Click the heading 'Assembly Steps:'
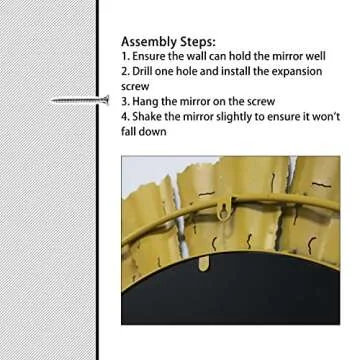pyautogui.click(x=168, y=42)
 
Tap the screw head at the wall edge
pyautogui.click(x=106, y=100)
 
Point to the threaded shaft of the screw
pyautogui.click(x=77, y=100)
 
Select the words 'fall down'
pyautogui.click(x=144, y=132)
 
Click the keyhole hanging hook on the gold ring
pyautogui.click(x=224, y=209)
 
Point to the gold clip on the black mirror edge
pyautogui.click(x=203, y=262)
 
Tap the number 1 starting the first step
pyautogui.click(x=124, y=56)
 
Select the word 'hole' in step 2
pyautogui.click(x=189, y=71)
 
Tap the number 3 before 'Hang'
pyautogui.click(x=124, y=102)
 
